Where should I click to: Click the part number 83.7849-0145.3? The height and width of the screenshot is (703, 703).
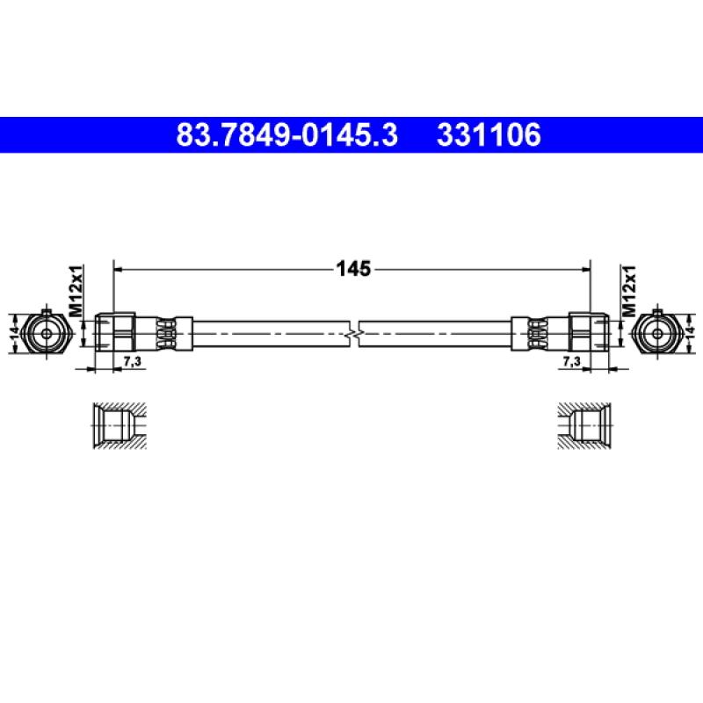coord(287,135)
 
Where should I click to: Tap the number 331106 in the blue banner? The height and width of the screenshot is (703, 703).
coord(489,135)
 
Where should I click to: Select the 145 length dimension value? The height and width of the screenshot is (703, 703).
coord(353,269)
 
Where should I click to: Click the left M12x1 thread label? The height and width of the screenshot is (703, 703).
coord(76,291)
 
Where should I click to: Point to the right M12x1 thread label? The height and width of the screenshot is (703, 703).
coord(628,291)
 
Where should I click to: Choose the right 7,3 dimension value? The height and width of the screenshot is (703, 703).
coord(572,361)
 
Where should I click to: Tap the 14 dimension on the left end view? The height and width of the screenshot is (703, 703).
coord(15,333)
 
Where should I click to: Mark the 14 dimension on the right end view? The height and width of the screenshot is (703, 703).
coord(689,333)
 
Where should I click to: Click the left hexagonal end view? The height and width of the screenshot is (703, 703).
coord(46,334)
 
